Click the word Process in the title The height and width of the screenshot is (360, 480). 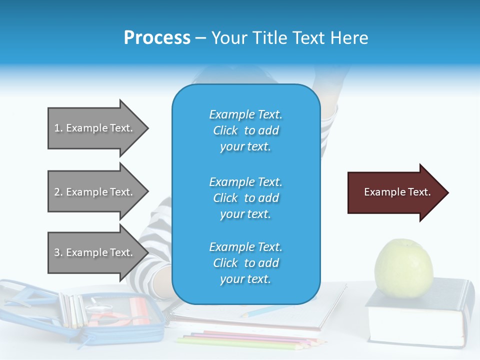[157, 38]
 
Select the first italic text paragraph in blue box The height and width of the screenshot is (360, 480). [245, 130]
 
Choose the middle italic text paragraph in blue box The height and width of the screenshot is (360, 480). [245, 198]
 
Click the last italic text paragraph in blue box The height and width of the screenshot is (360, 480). [245, 263]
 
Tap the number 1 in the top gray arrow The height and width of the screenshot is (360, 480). [57, 128]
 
